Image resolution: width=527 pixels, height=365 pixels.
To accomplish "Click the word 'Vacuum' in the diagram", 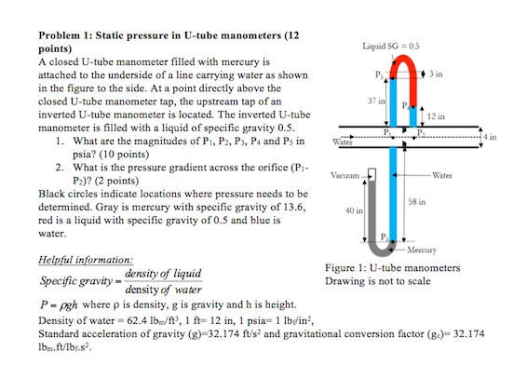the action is click(345, 173).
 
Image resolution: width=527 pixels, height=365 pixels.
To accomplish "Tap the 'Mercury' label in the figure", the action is click(424, 250).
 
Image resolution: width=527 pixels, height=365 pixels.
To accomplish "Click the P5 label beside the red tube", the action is click(376, 74).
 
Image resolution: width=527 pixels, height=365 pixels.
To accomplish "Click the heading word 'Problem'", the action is click(58, 35).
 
